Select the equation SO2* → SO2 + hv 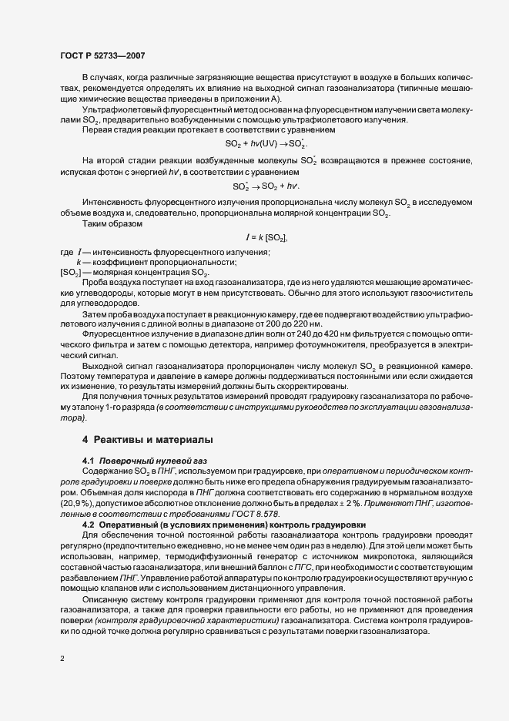(266, 186)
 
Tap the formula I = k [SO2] (266, 238)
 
